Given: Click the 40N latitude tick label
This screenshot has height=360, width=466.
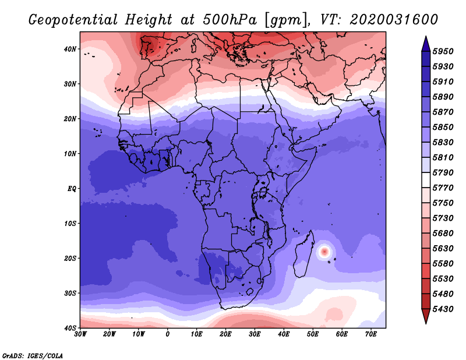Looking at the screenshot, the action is pyautogui.click(x=70, y=49).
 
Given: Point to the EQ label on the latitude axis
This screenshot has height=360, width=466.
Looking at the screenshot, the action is pyautogui.click(x=72, y=189).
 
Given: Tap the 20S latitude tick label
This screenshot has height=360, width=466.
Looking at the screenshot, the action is pyautogui.click(x=70, y=258).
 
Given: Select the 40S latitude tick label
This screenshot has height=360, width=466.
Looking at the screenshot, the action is pyautogui.click(x=70, y=328).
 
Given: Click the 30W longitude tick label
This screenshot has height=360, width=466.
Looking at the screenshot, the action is pyautogui.click(x=80, y=334).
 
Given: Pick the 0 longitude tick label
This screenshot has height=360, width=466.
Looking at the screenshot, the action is pyautogui.click(x=168, y=334).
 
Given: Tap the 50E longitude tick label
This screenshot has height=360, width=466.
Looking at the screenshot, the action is pyautogui.click(x=313, y=334).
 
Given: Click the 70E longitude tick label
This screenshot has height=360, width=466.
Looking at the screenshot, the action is pyautogui.click(x=371, y=334).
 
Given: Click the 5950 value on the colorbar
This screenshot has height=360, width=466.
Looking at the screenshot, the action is pyautogui.click(x=443, y=51).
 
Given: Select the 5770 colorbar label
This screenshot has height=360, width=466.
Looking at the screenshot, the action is pyautogui.click(x=443, y=188).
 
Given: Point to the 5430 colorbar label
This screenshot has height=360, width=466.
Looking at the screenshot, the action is pyautogui.click(x=443, y=309).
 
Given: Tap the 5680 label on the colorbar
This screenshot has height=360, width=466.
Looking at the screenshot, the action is pyautogui.click(x=443, y=234).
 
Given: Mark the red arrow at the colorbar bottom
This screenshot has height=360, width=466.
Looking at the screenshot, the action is pyautogui.click(x=426, y=315).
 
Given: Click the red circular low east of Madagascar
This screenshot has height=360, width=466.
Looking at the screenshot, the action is pyautogui.click(x=324, y=252).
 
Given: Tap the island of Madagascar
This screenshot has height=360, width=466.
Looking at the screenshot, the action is pyautogui.click(x=303, y=255).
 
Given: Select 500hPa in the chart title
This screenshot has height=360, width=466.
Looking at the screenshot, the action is pyautogui.click(x=230, y=20).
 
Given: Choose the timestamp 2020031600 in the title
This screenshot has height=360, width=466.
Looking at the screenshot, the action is pyautogui.click(x=394, y=20).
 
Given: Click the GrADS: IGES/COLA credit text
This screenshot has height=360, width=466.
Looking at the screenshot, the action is pyautogui.click(x=33, y=356).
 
